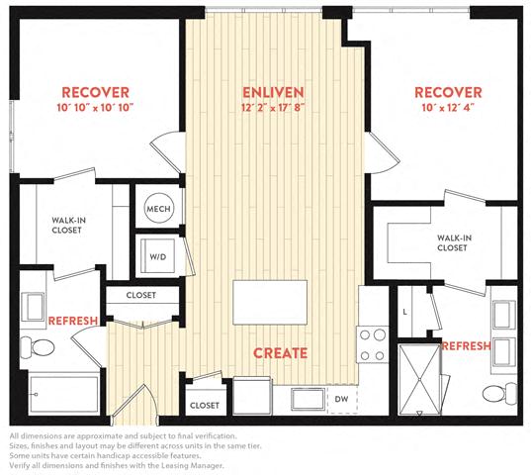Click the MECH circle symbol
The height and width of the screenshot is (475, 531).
(x=158, y=209)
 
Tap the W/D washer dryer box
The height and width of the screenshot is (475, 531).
(x=158, y=256)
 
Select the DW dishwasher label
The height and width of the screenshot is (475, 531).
(x=341, y=399)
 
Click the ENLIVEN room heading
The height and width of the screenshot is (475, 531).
(x=273, y=92)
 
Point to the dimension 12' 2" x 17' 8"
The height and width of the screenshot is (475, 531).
(x=273, y=108)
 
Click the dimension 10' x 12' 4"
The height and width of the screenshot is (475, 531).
(x=448, y=108)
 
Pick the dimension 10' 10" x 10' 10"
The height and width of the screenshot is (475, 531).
(x=95, y=108)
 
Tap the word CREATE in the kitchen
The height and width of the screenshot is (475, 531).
(x=281, y=353)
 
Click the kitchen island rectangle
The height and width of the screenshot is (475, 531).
(x=270, y=302)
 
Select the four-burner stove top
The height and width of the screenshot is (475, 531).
(x=372, y=345)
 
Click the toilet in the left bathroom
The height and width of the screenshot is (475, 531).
(x=38, y=347)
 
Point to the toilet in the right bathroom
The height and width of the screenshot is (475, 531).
(x=499, y=394)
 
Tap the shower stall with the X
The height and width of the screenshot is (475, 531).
(x=419, y=379)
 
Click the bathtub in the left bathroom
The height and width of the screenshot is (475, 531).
(x=64, y=394)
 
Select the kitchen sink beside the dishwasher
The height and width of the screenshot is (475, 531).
(x=308, y=400)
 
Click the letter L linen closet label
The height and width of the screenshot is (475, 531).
(x=405, y=312)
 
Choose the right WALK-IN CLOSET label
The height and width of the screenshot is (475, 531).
(x=454, y=242)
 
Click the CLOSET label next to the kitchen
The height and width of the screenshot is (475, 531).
(x=205, y=405)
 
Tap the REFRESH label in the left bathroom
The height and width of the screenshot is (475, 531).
(x=73, y=321)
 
